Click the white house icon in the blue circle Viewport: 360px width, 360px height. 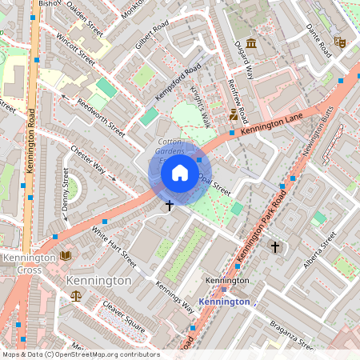point(180,173)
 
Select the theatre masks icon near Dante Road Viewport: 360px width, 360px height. point(339,41)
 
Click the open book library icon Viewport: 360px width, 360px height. point(65,256)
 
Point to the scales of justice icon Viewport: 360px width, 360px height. point(76,295)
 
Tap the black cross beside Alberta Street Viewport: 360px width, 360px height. point(275,247)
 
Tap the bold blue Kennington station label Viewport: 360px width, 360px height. point(223,302)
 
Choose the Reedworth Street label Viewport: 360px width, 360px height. point(101,117)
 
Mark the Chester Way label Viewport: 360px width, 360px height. point(88,158)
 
